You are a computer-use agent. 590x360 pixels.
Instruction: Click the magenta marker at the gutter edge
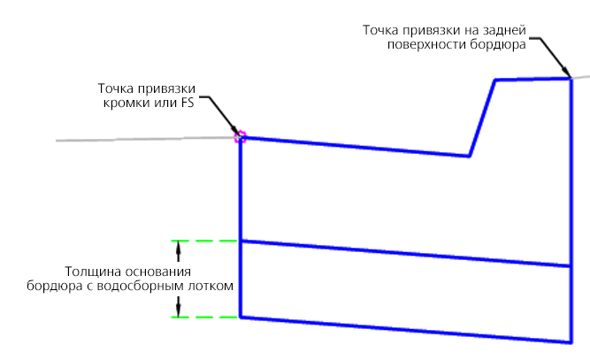pyautogui.click(x=240, y=137)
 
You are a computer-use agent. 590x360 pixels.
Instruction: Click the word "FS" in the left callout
pyautogui.click(x=187, y=103)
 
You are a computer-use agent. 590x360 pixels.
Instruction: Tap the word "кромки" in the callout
pyautogui.click(x=122, y=103)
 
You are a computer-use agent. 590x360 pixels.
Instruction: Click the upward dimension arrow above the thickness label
pyautogui.click(x=179, y=251)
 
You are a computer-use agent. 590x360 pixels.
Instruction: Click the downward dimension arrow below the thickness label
pyautogui.click(x=179, y=307)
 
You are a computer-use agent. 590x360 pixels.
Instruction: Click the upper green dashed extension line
pyautogui.click(x=204, y=241)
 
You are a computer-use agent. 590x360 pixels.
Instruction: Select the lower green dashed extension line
pyautogui.click(x=204, y=318)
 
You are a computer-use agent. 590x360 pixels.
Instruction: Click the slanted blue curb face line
pyautogui.click(x=482, y=118)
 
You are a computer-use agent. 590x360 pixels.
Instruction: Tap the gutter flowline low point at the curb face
pyautogui.click(x=469, y=156)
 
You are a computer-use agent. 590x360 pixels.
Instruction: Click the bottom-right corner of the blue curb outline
pyautogui.click(x=571, y=342)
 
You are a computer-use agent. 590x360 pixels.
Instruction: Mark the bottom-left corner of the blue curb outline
pyautogui.click(x=241, y=318)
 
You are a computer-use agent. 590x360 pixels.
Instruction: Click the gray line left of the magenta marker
pyautogui.click(x=145, y=139)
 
